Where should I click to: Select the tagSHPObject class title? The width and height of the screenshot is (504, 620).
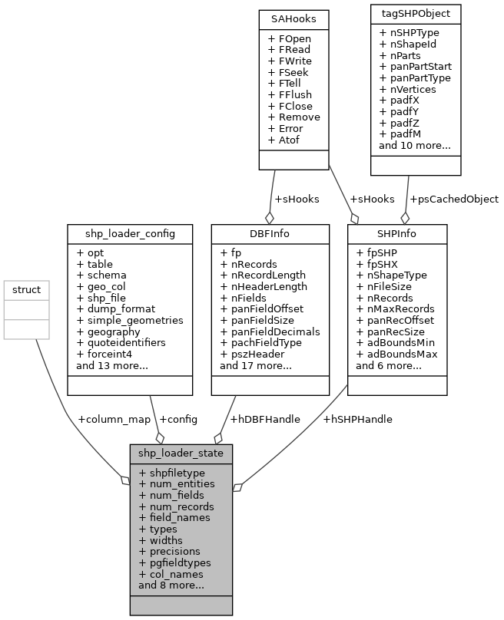pyautogui.click(x=415, y=14)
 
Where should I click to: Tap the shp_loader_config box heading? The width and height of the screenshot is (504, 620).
pyautogui.click(x=130, y=232)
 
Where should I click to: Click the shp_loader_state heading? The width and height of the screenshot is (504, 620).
pyautogui.click(x=181, y=453)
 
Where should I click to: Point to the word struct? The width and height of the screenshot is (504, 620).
pyautogui.click(x=27, y=290)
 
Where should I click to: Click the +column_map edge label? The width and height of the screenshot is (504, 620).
pyautogui.click(x=114, y=419)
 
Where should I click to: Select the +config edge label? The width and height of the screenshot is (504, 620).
pyautogui.click(x=177, y=419)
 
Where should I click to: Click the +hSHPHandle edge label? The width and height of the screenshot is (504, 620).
pyautogui.click(x=357, y=419)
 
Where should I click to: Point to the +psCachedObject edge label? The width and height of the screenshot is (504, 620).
pyautogui.click(x=454, y=199)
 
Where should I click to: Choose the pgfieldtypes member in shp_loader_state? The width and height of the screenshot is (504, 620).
pyautogui.click(x=180, y=562)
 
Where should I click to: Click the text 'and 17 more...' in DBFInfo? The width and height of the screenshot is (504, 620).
pyautogui.click(x=255, y=366)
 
